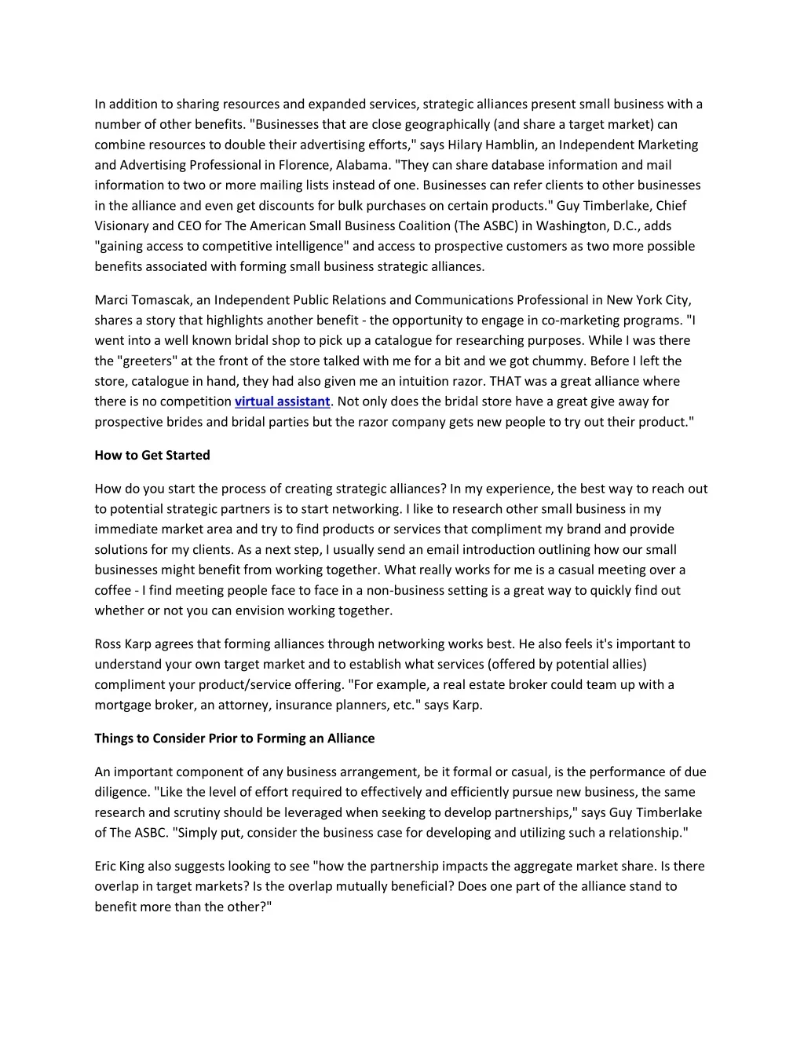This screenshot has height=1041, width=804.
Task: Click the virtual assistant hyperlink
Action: tap(282, 401)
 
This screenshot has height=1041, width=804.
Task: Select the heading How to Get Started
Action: tap(152, 455)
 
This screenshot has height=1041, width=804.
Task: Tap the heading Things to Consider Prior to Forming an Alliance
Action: tap(234, 739)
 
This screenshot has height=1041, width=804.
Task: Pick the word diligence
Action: tap(122, 792)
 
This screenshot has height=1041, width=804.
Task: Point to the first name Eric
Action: tap(107, 867)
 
